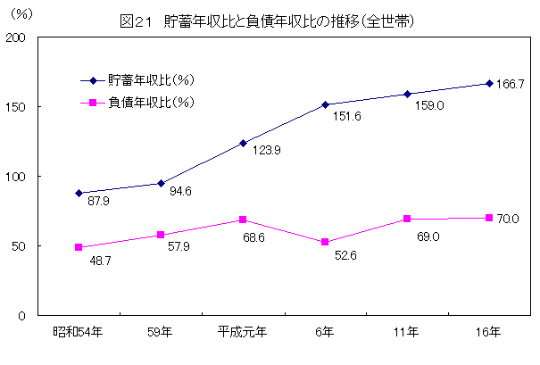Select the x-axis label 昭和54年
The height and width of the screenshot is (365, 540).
pyautogui.click(x=78, y=333)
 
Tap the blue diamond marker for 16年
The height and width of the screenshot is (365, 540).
pyautogui.click(x=488, y=84)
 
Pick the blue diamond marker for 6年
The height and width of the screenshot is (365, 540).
pyautogui.click(x=324, y=104)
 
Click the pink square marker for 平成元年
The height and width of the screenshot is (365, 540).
pyautogui.click(x=242, y=220)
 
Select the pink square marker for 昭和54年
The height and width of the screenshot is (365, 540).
pyautogui.click(x=79, y=247)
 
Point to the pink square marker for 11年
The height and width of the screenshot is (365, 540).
pyautogui.click(x=406, y=219)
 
